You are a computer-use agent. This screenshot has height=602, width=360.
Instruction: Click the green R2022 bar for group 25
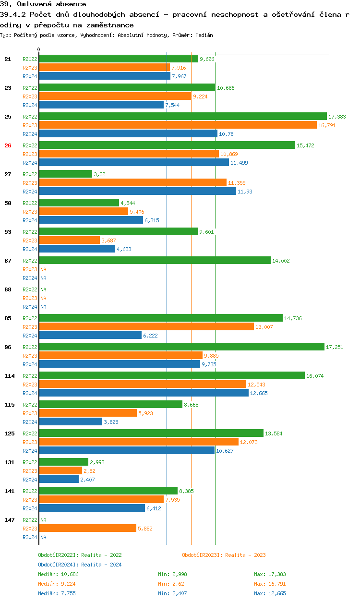(182, 117)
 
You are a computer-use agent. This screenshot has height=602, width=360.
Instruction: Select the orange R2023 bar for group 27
(132, 183)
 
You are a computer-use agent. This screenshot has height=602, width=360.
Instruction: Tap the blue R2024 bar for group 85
(90, 336)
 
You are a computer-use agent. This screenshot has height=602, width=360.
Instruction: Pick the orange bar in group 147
(87, 529)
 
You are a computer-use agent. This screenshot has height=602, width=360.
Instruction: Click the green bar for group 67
(155, 261)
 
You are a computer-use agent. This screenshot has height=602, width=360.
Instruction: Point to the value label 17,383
(337, 117)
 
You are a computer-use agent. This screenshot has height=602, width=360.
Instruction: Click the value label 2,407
(88, 480)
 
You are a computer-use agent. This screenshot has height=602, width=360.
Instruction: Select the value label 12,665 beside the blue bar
(259, 393)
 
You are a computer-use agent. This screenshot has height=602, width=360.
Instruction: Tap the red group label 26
(8, 145)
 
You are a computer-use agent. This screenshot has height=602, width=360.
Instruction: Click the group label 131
(10, 462)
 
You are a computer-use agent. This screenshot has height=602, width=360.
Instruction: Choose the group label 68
(8, 289)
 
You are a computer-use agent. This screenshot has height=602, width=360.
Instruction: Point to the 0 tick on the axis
(39, 50)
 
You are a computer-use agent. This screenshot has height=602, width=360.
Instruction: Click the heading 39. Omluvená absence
(43, 4)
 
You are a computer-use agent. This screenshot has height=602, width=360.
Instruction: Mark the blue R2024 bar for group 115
(71, 422)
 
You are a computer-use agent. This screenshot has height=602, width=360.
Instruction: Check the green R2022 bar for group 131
(63, 462)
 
